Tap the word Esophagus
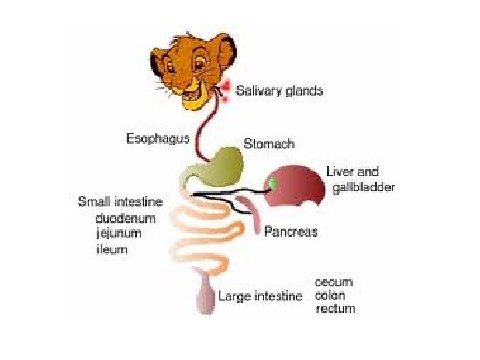pos(157,139)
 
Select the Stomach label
pos(269,143)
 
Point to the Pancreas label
pos(291,232)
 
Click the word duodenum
pos(126,218)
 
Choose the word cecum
pos(333,282)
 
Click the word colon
pos(330,295)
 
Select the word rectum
pos(335,309)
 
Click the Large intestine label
pos(260,296)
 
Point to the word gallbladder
pos(363,187)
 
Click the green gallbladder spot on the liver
pos(273,182)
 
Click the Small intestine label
pos(120,201)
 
